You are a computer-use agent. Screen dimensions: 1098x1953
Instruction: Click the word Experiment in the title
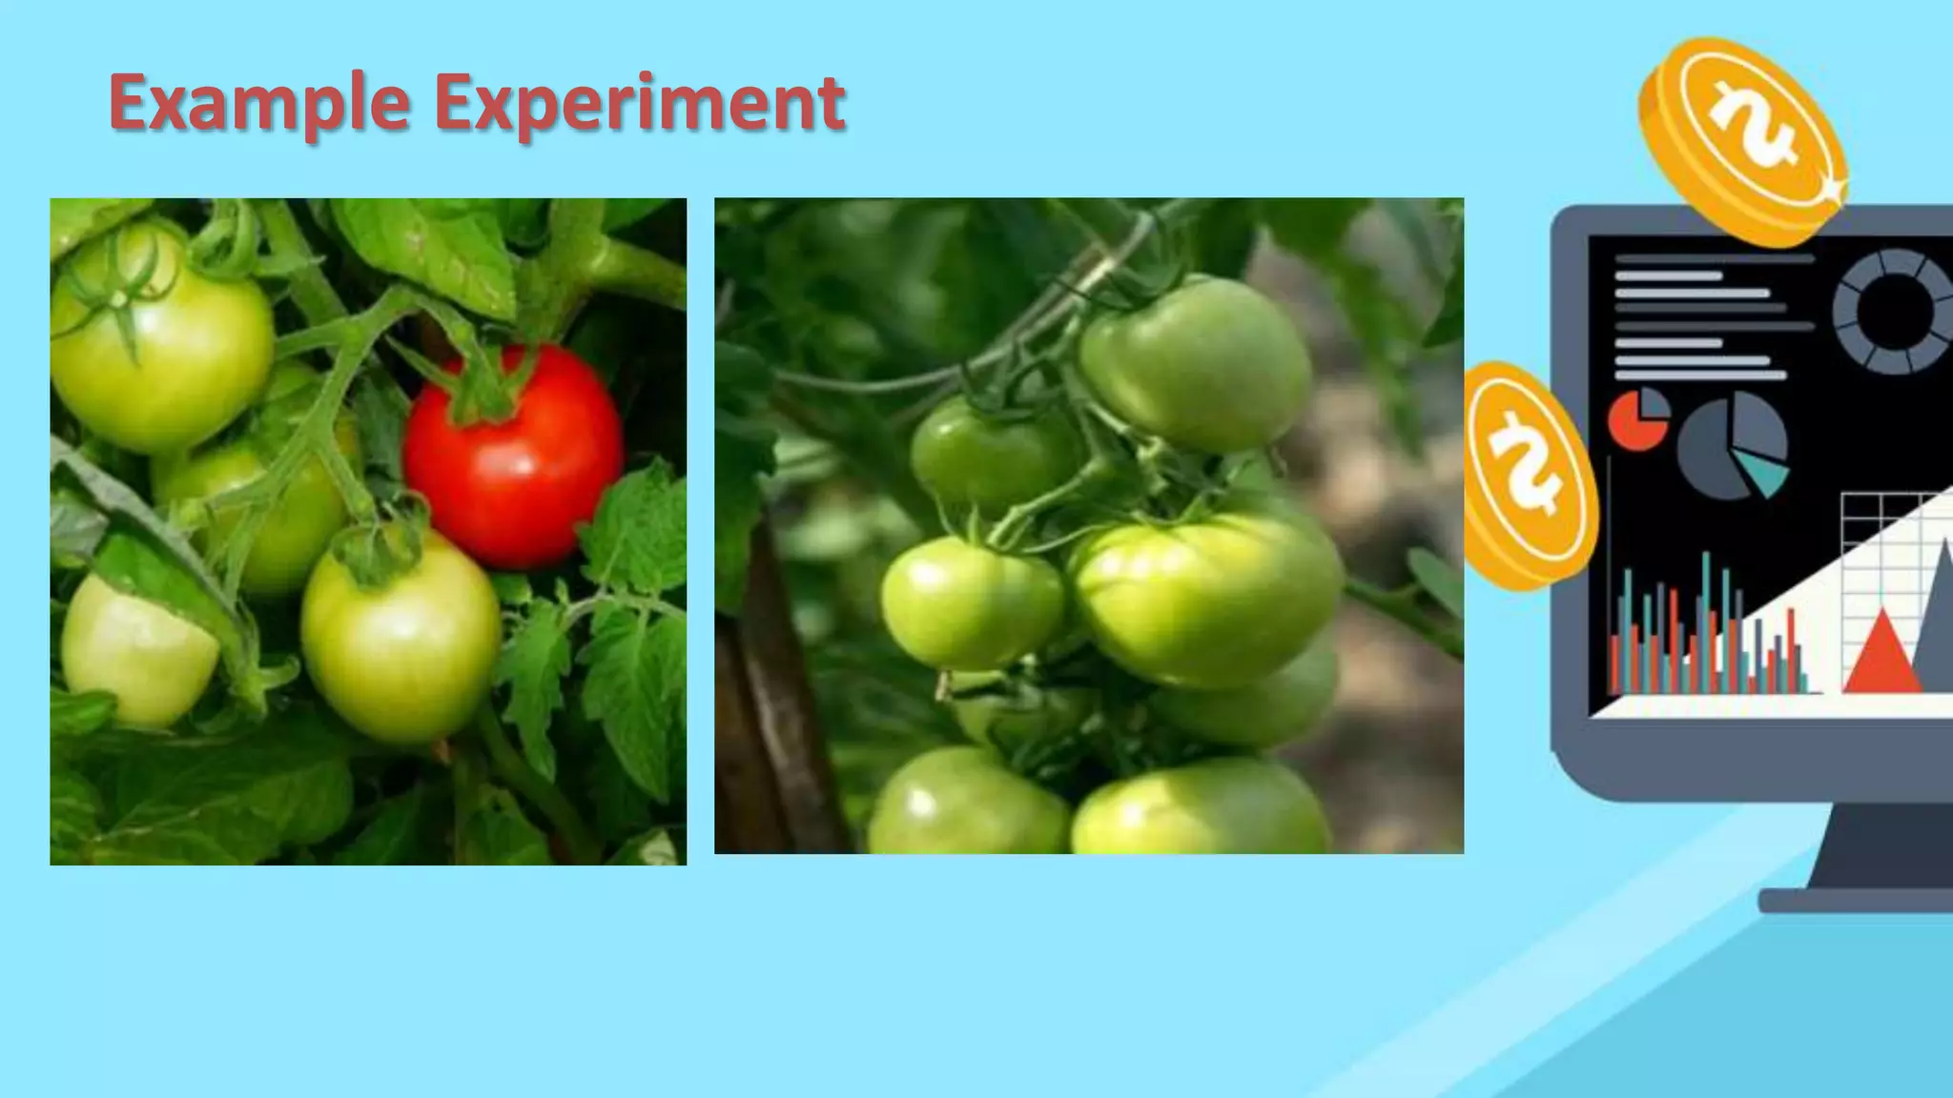pos(639,103)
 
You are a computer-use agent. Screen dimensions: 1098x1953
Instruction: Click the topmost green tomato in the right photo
pos(1197,362)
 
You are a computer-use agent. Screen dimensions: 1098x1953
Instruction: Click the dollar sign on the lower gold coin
pos(1526,467)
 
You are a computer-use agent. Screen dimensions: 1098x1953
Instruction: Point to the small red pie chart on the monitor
pos(1636,420)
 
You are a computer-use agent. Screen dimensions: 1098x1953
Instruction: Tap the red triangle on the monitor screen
pos(1881,658)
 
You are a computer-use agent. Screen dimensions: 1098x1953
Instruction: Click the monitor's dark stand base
pos(1860,900)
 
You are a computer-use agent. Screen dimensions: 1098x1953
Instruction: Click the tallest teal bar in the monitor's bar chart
pos(1706,620)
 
